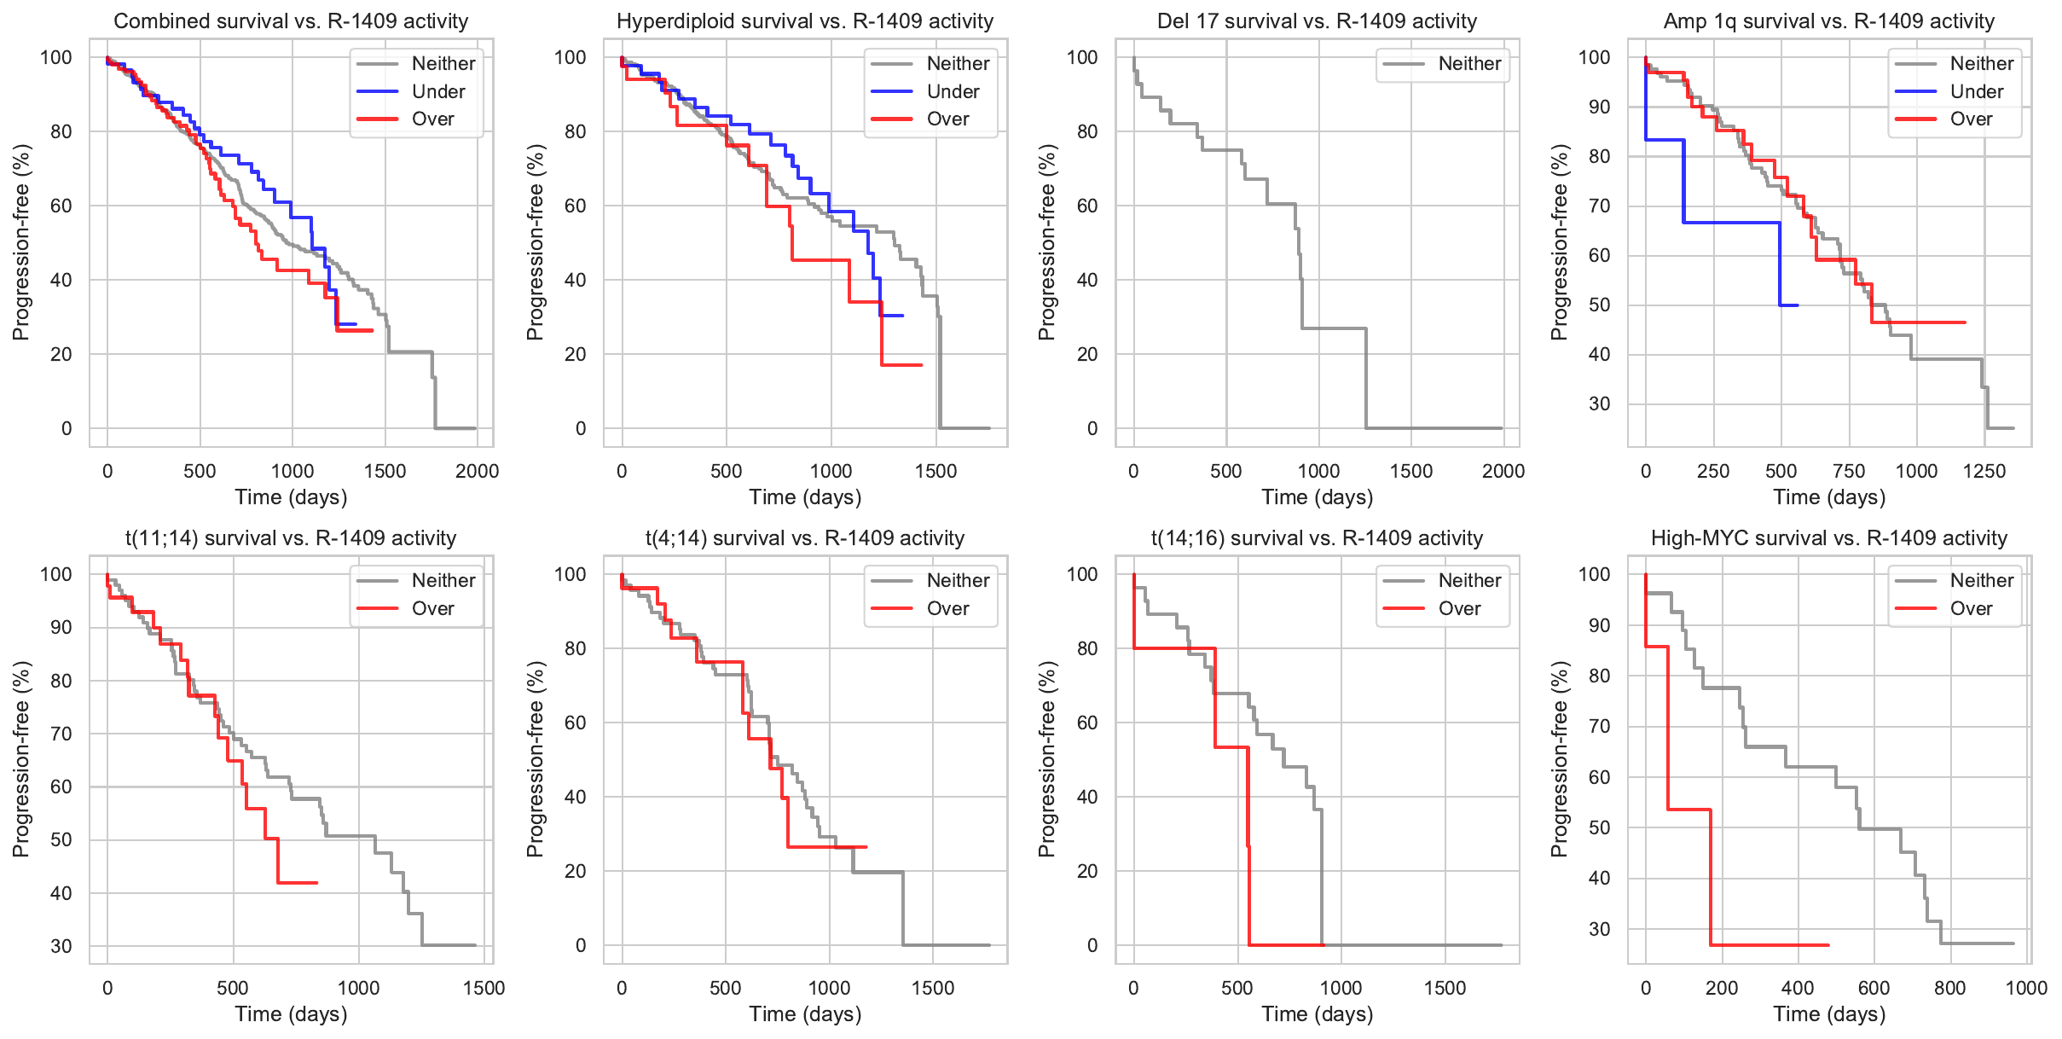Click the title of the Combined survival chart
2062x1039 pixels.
tap(291, 21)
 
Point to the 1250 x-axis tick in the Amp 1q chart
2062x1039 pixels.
tap(1984, 471)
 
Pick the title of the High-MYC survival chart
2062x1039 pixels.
tap(1829, 538)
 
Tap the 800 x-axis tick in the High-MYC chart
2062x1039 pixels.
tap(1949, 988)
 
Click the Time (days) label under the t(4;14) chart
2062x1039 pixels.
tap(805, 1014)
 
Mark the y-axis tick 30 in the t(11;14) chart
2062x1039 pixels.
tap(61, 946)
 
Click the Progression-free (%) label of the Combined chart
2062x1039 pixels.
tap(21, 242)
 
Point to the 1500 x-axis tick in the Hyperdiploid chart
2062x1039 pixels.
tap(935, 471)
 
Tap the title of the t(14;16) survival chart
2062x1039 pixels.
tap(1317, 538)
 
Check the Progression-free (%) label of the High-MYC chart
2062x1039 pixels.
tap(1560, 759)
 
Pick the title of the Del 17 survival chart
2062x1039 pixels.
tap(1317, 21)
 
